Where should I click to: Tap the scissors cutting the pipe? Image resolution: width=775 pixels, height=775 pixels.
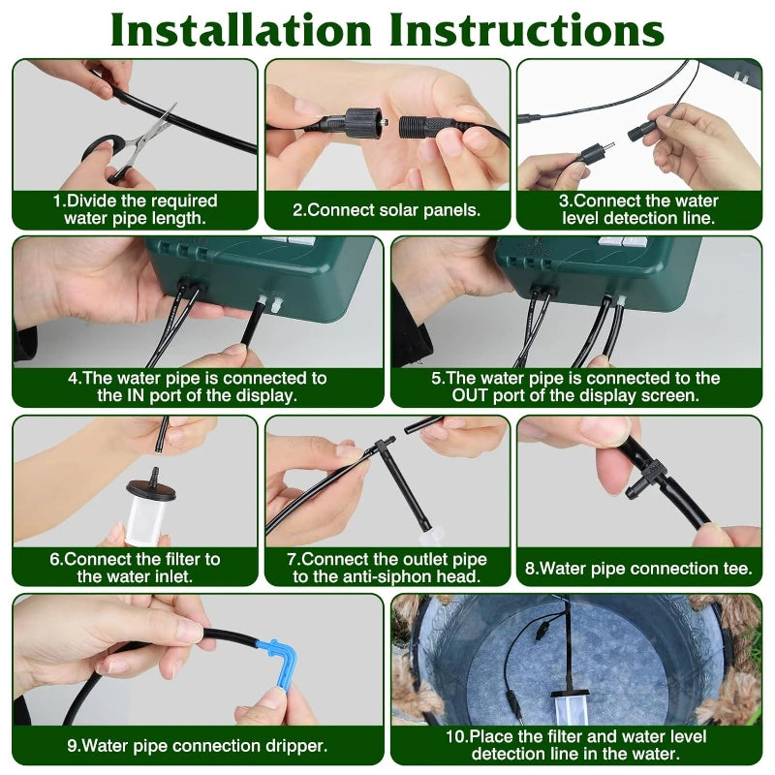pos(136,146)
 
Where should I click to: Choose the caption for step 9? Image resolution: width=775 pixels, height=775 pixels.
pos(197,746)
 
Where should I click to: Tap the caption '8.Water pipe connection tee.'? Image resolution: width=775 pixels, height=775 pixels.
pos(638,569)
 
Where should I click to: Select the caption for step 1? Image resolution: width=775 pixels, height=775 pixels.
pos(135,209)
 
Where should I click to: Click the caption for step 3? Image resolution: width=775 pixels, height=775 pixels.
pos(638,209)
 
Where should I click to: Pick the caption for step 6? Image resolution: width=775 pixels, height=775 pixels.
pos(135,568)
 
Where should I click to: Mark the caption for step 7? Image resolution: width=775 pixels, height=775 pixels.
pos(387,568)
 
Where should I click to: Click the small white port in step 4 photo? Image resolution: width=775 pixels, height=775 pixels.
pos(277,303)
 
